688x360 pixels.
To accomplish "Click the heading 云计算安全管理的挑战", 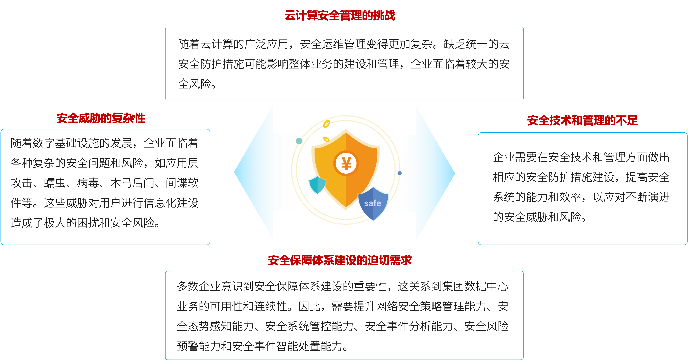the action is pos(340,15).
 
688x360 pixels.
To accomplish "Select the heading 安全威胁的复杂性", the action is pos(101,118).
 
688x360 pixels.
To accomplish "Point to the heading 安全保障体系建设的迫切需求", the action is pos(340,260).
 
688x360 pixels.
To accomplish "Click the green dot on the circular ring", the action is pos(299,141).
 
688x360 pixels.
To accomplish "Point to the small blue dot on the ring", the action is pos(400,173).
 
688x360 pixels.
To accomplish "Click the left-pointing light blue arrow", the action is pos(254,172).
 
